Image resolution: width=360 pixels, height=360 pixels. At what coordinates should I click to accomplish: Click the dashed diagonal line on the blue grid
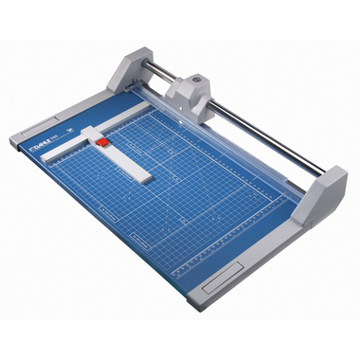tap(189, 189)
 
